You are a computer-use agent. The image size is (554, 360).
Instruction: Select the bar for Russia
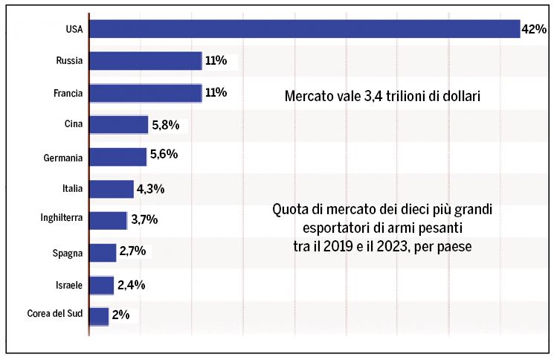tap(145, 61)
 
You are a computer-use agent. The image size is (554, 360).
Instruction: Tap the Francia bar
tap(145, 93)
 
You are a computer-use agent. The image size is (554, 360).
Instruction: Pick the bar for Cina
tap(118, 125)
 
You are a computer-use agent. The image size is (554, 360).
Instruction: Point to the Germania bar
tap(117, 157)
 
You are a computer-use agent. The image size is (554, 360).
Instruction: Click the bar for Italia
tap(111, 189)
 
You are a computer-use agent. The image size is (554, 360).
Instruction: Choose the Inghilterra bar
tap(108, 220)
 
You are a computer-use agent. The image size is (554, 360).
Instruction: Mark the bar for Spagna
tap(103, 253)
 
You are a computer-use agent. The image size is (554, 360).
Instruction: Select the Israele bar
tap(101, 285)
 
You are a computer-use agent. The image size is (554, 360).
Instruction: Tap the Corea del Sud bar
tap(99, 316)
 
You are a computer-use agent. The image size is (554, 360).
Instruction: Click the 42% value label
tap(534, 30)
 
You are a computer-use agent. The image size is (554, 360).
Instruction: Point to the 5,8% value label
tap(165, 125)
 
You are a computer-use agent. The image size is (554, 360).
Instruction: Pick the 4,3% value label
tap(150, 189)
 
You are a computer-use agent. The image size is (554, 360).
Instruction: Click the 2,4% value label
tap(130, 285)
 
